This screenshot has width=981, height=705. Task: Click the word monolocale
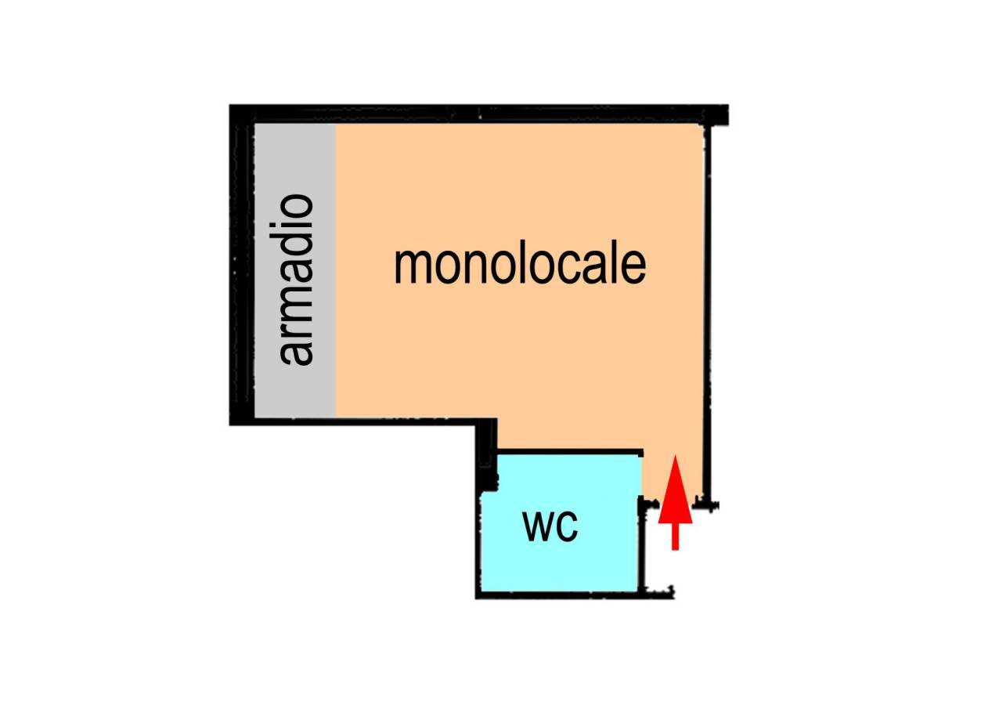(520, 265)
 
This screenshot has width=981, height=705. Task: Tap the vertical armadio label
(297, 280)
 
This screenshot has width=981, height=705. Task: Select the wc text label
(550, 526)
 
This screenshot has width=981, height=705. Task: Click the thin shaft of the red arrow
(675, 537)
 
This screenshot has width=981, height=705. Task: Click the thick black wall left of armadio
(239, 266)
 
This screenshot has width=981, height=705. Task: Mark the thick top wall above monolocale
(478, 113)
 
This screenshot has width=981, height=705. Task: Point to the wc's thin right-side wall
(641, 548)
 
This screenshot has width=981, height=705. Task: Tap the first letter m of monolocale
(412, 266)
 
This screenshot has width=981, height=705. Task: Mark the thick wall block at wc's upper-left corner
(487, 450)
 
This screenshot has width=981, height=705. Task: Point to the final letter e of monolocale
(634, 266)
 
